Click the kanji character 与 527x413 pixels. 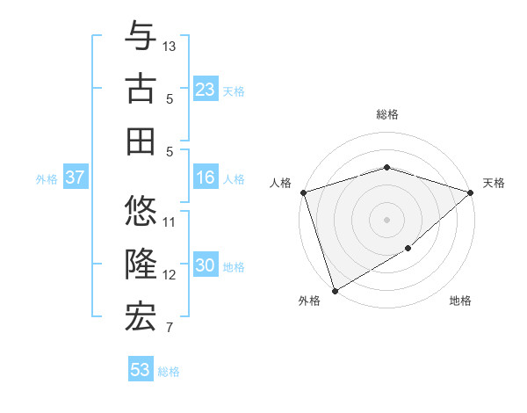click(141, 38)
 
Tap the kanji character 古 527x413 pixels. click(141, 91)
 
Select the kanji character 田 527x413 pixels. click(141, 141)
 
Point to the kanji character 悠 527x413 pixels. click(141, 213)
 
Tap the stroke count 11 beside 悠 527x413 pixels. click(170, 221)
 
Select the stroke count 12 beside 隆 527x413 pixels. click(170, 275)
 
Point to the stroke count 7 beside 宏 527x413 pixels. click(170, 329)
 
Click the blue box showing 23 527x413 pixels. click(206, 90)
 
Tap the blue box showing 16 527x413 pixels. click(206, 178)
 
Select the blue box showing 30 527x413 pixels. click(206, 265)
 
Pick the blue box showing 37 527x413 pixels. click(76, 178)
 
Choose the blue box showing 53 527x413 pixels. click(141, 370)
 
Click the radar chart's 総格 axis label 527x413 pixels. click(387, 114)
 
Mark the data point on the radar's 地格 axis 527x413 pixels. click(408, 250)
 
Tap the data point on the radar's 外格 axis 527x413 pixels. click(335, 291)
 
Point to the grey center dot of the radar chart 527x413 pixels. click(386, 219)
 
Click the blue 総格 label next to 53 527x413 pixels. click(169, 372)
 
